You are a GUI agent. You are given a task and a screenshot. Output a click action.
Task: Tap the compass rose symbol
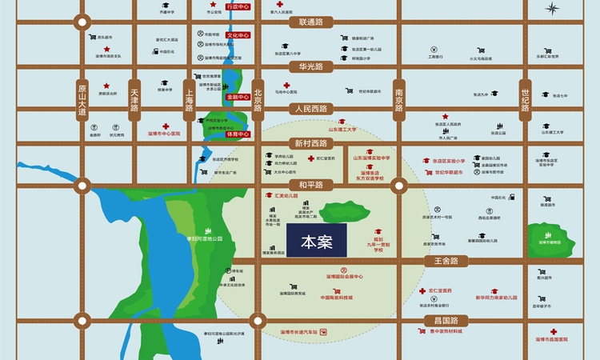coord(553,9)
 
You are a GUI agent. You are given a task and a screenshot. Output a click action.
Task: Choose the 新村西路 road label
coord(311,143)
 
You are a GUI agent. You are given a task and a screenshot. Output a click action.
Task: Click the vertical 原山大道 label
coord(82,100)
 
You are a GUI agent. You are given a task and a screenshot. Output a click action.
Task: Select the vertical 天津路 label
coord(134,100)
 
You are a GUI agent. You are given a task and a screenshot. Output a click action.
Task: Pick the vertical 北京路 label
coord(258,100)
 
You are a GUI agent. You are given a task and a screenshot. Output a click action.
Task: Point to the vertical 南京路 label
coord(399,100)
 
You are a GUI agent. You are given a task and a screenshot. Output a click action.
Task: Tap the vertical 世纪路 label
coord(526,100)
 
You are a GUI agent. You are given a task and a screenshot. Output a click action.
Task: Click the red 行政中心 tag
coord(238,6)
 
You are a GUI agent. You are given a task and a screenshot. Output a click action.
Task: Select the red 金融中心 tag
coord(238,97)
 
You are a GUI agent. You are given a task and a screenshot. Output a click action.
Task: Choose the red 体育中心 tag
coord(238,134)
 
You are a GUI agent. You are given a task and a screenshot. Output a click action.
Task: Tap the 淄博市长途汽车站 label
coord(299,331)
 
